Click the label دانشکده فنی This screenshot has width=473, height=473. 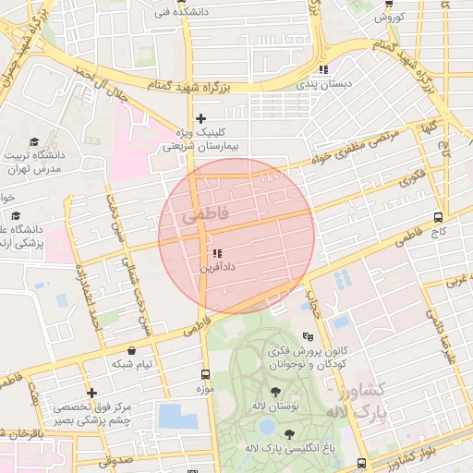click(x=162, y=13)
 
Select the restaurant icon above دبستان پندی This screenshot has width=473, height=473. click(x=323, y=69)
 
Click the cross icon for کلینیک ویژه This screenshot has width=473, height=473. click(x=200, y=118)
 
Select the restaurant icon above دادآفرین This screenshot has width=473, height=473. click(x=217, y=253)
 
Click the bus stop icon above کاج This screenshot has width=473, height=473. click(x=438, y=218)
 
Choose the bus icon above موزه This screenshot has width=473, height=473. click(x=205, y=374)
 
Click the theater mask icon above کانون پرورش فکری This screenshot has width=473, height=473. click(x=308, y=336)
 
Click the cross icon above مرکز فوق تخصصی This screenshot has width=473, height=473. click(x=91, y=394)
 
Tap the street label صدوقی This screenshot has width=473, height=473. click(x=116, y=458)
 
